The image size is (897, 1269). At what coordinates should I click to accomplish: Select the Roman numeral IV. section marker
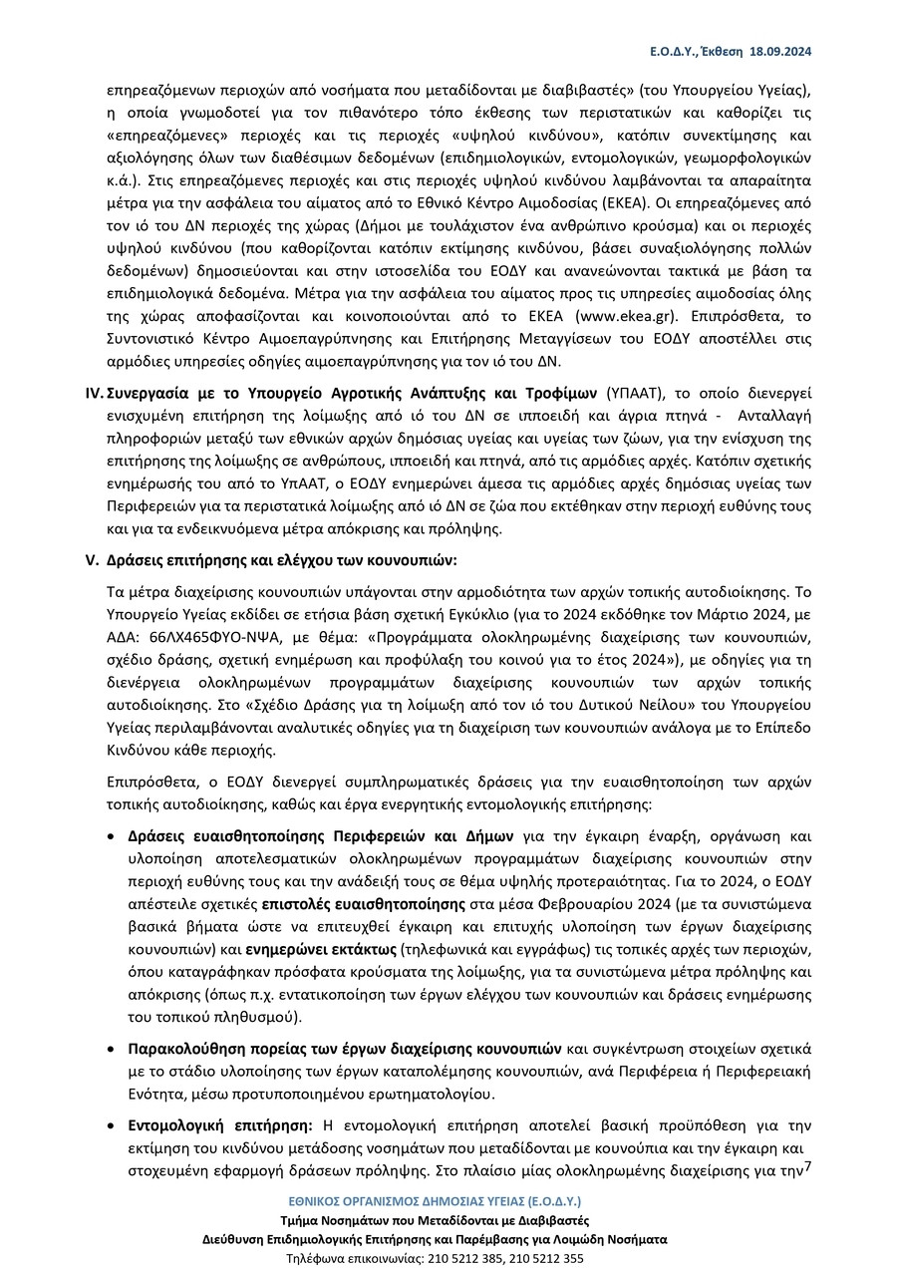pyautogui.click(x=94, y=392)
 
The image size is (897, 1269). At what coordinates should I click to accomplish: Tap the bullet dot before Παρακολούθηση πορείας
pyautogui.click(x=112, y=1050)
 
